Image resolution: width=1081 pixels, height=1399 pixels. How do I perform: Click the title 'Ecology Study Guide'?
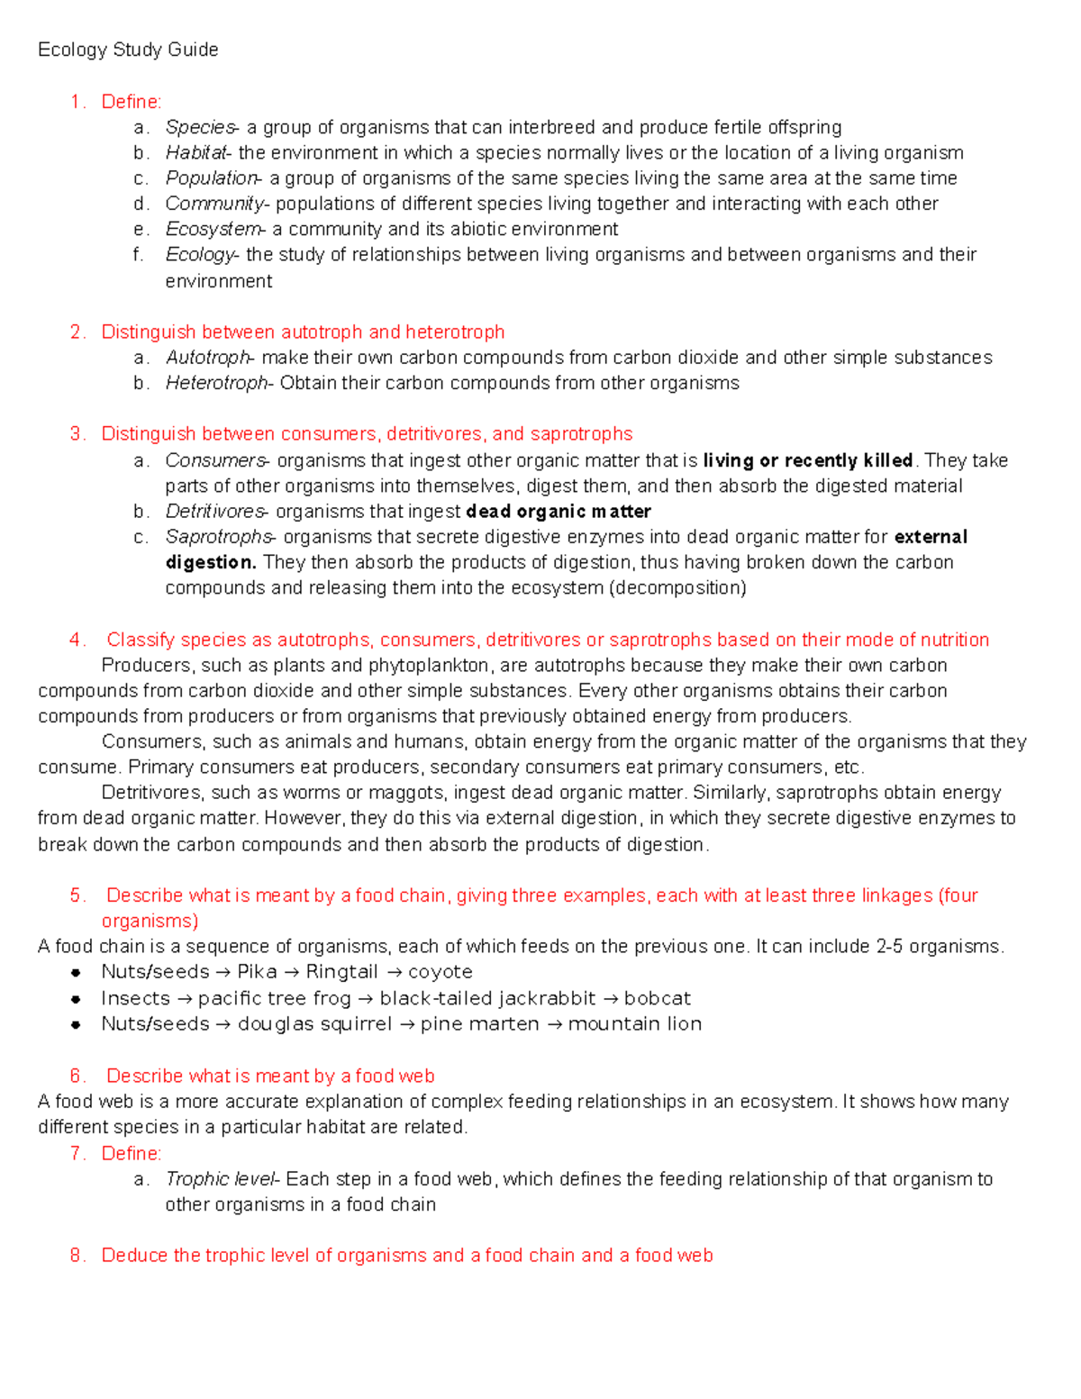(128, 50)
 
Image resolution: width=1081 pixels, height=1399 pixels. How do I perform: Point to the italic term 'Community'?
(214, 204)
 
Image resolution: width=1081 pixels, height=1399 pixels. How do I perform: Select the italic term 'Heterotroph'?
(217, 383)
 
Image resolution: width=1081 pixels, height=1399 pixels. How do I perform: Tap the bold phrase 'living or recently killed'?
(808, 460)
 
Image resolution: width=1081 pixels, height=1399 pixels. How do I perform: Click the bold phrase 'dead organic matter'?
(559, 512)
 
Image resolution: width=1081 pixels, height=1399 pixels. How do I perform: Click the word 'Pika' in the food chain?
(257, 972)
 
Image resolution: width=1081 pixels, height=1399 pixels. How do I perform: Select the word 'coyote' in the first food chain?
(440, 972)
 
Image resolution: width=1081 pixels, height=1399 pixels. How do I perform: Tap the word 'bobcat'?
(657, 998)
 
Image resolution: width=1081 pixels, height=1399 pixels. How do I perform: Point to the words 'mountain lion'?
(634, 1024)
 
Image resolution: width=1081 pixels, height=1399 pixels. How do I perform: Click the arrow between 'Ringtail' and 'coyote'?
(393, 973)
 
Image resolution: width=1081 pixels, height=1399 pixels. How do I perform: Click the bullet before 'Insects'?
(76, 999)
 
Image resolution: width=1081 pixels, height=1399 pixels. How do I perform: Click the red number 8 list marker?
(76, 1255)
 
